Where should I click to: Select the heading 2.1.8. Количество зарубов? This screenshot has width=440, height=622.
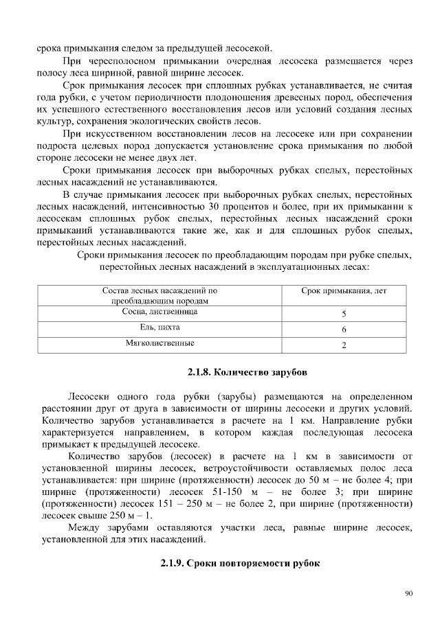(x=247, y=373)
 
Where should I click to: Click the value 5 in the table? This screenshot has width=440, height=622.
(x=344, y=314)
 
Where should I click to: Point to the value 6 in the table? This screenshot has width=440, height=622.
(x=344, y=330)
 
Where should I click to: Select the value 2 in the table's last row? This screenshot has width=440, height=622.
(x=344, y=345)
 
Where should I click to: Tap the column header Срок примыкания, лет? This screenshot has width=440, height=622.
(x=344, y=291)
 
